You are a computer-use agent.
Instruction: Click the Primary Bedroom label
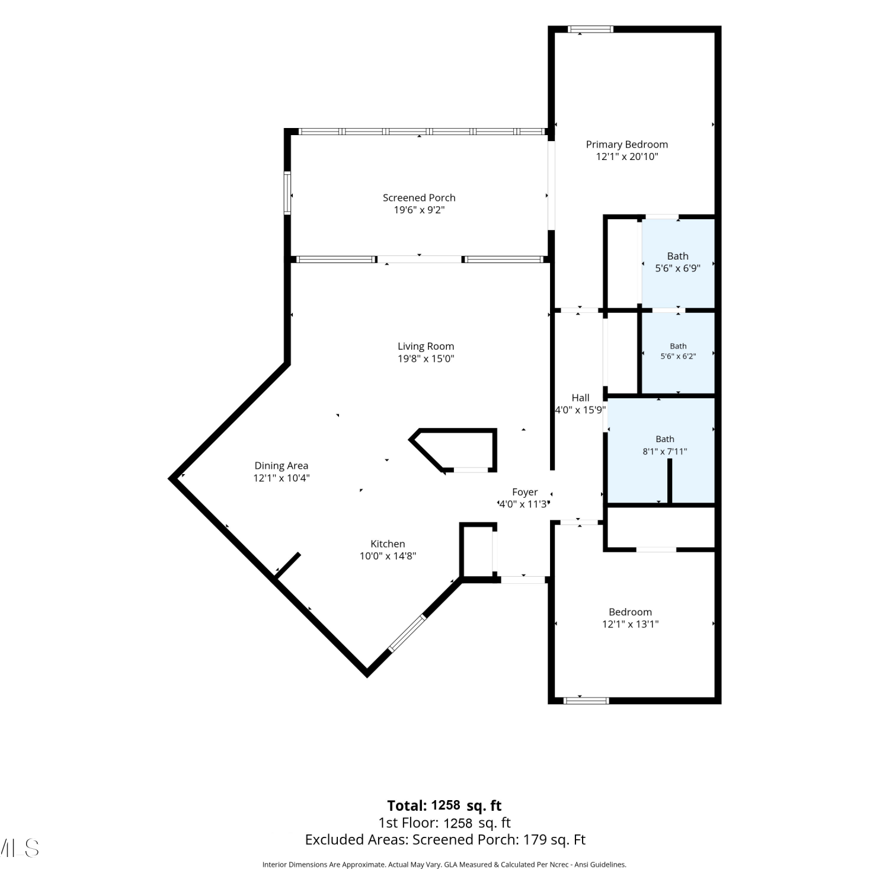click(626, 145)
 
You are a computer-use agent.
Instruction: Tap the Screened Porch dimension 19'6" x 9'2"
click(419, 210)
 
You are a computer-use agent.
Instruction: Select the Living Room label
click(426, 347)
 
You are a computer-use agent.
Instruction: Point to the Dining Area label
click(281, 466)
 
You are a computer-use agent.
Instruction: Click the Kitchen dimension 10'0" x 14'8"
click(388, 556)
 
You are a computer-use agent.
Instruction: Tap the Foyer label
click(525, 492)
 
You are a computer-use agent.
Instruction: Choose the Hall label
click(580, 398)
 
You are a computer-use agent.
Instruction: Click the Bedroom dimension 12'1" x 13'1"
click(630, 624)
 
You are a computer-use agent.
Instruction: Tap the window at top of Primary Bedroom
click(590, 29)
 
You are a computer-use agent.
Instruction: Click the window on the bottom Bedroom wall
click(586, 701)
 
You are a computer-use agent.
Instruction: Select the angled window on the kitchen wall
click(407, 634)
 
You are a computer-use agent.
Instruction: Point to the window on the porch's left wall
click(287, 193)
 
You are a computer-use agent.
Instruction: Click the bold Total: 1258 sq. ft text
click(444, 805)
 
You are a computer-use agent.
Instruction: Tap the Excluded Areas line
click(445, 840)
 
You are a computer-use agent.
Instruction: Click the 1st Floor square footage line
click(444, 823)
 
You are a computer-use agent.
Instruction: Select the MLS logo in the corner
click(20, 848)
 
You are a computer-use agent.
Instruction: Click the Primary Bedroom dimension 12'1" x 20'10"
click(627, 157)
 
